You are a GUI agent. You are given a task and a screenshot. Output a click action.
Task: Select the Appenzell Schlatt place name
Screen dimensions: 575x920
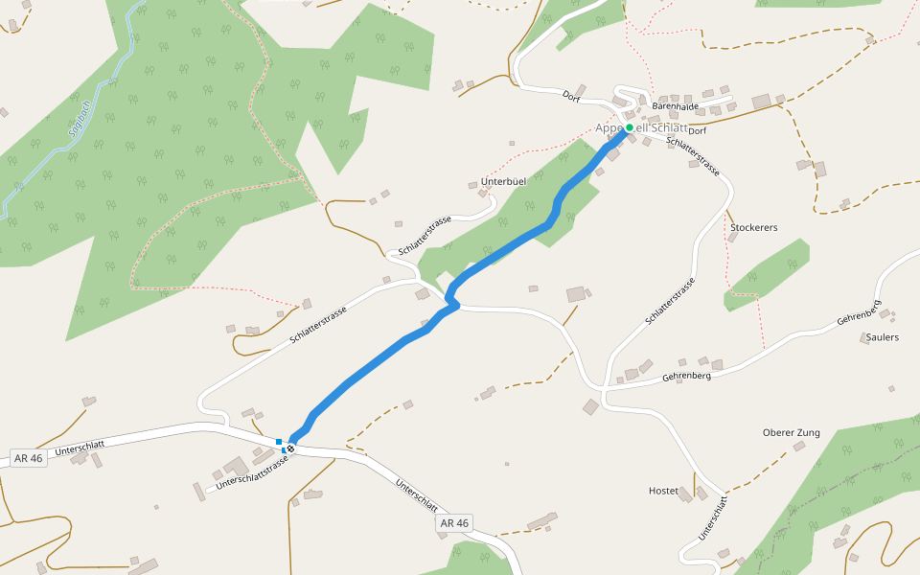point(641,128)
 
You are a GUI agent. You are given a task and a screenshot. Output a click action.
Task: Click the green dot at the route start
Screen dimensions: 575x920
point(630,127)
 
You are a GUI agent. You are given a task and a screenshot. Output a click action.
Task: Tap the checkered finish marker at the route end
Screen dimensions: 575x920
point(289,448)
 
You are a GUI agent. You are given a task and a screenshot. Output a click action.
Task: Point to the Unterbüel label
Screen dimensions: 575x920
point(504,181)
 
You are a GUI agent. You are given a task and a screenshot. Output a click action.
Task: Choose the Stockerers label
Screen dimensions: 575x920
point(753,228)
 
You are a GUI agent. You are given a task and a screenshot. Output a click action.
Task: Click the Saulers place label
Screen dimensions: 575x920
point(882,337)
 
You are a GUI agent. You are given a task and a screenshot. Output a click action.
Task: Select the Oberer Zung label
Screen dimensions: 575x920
point(791,432)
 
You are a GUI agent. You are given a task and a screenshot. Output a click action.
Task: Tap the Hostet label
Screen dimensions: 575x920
point(663,491)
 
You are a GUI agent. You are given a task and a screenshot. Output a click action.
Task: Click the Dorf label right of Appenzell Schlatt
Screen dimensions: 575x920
point(697,130)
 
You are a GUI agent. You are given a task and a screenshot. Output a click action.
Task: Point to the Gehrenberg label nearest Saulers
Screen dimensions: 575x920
point(858,317)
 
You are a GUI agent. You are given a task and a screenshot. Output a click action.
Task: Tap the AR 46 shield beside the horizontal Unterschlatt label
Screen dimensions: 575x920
point(29,458)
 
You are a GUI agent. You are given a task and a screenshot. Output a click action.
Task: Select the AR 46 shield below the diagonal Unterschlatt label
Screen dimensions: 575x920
point(453,523)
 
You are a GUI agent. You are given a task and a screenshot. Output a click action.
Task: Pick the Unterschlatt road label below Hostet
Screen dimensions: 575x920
point(713,517)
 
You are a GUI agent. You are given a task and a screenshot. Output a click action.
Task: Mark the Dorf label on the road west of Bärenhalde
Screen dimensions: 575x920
point(572,96)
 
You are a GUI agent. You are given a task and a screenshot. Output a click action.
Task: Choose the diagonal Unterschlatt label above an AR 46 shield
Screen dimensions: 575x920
point(417,494)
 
